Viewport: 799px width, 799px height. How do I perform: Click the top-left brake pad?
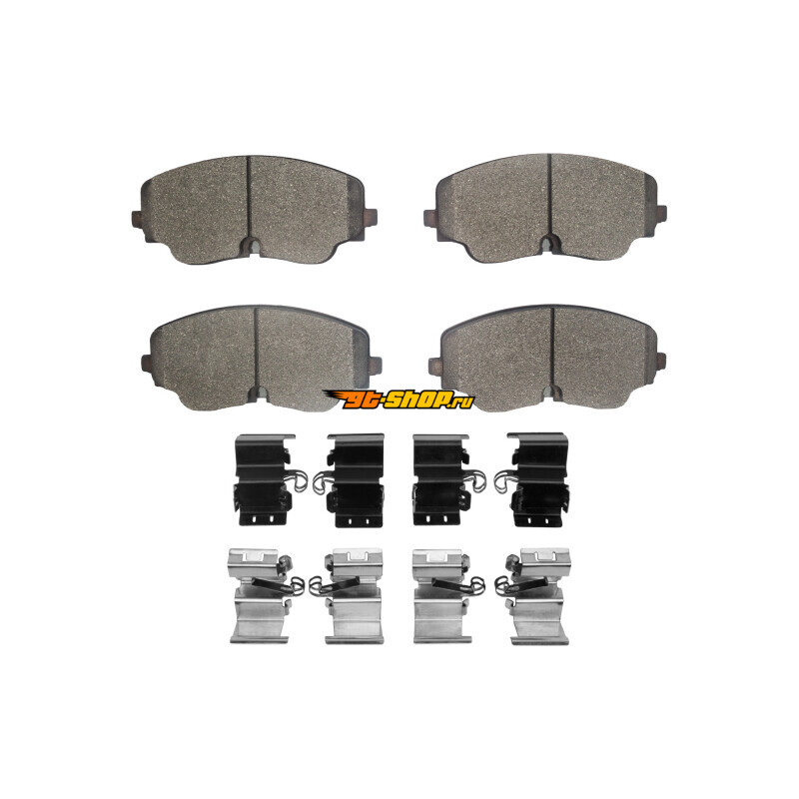coord(255,210)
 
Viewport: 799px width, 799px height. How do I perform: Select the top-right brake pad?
coord(545,208)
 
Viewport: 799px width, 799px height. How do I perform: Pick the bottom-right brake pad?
coord(547,359)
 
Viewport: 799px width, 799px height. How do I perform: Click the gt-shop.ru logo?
coord(399,399)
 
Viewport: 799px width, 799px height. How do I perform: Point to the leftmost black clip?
coord(270,479)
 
